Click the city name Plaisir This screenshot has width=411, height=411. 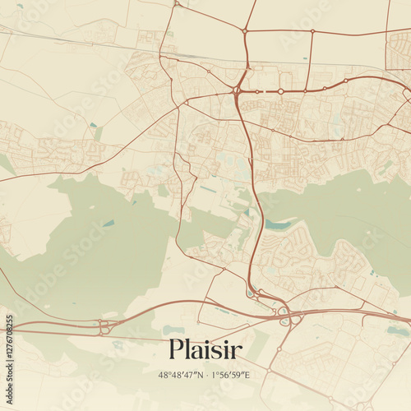coord(205,350)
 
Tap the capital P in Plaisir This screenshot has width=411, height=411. coord(176,350)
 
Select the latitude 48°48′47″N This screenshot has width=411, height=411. coord(184,375)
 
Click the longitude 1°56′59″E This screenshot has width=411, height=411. coord(230,375)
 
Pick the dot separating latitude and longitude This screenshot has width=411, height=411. coord(206,375)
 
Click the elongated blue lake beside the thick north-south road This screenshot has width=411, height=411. coord(277,224)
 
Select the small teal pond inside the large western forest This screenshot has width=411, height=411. coord(109,223)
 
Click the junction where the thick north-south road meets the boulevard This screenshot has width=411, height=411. coord(237,89)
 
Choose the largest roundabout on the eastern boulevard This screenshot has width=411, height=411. coord(280,90)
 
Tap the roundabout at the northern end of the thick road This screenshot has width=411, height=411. coord(245,32)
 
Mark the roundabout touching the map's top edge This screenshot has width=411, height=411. coord(176,3)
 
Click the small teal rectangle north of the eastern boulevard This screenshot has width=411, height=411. coord(305,58)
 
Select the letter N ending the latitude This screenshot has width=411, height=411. coord(201,375)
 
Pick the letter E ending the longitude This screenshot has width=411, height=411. coord(247,375)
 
